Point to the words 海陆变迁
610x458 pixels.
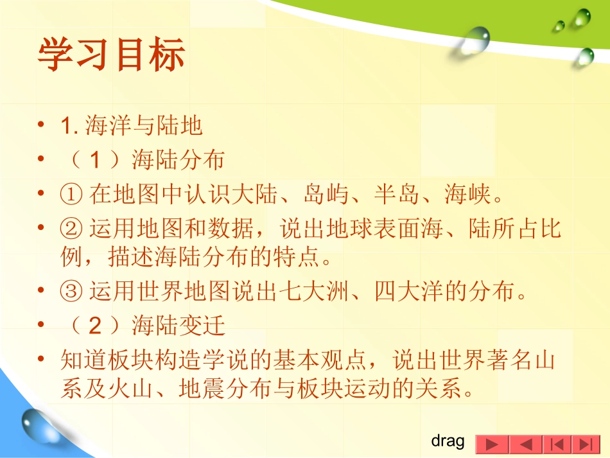tap(179, 326)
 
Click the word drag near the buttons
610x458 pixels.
tap(448, 441)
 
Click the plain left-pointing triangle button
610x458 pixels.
tap(525, 445)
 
